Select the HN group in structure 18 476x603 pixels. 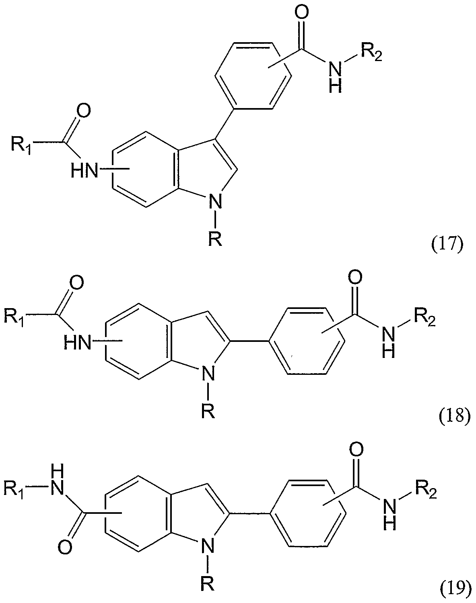click(77, 343)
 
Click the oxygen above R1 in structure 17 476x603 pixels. click(82, 111)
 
